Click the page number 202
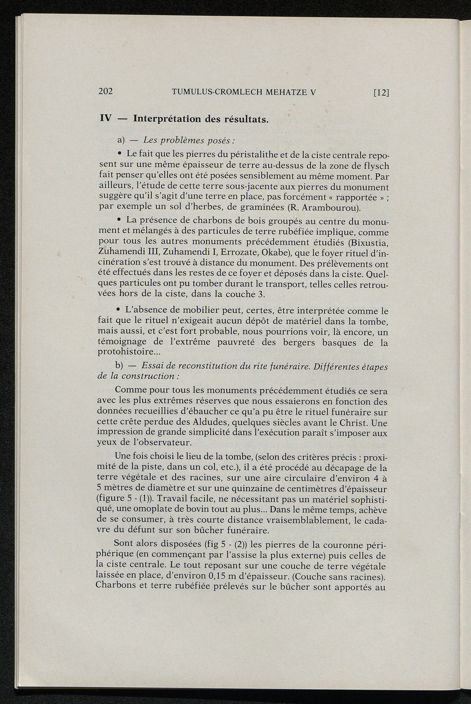[106, 91]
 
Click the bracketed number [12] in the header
[381, 92]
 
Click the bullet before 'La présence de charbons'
[119, 221]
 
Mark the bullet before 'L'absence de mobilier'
[119, 310]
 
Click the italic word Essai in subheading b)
[153, 366]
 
